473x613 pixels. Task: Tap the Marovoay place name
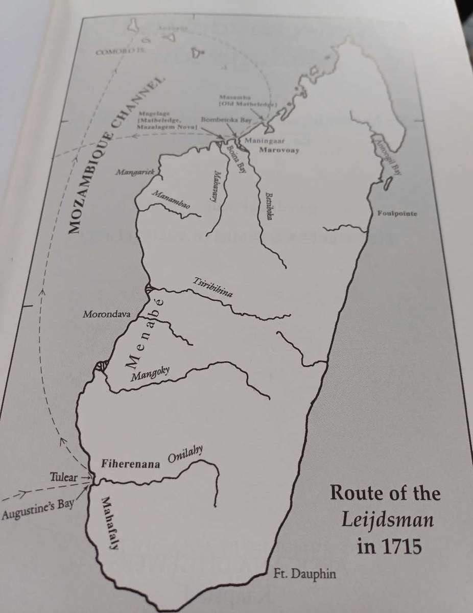point(279,151)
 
